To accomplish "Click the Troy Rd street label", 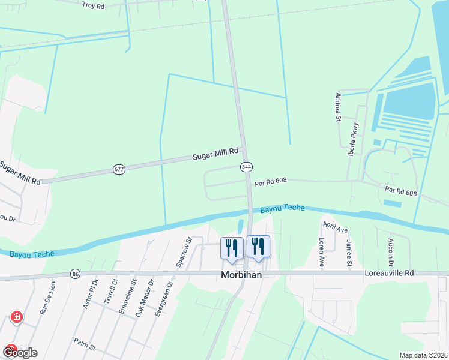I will [93, 5].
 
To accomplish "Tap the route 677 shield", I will [119, 170].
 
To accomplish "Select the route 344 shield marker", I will [246, 166].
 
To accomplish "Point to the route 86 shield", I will [75, 273].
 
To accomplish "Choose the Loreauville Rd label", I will [390, 273].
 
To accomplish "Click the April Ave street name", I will [336, 227].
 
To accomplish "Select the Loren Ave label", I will [322, 253].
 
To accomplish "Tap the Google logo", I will [19, 353].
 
